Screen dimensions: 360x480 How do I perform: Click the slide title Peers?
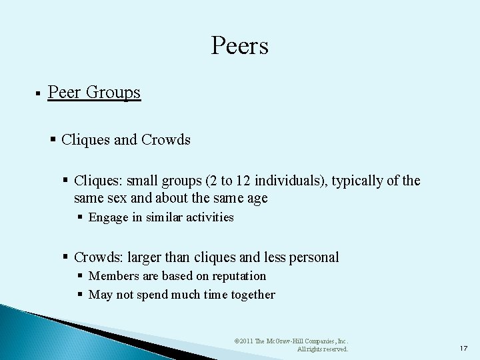click(x=239, y=46)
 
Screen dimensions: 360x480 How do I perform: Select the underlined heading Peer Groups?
click(x=94, y=92)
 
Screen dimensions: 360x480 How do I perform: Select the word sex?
click(x=107, y=198)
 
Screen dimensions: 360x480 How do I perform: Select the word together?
click(x=253, y=295)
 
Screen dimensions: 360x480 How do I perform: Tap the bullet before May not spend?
click(x=80, y=295)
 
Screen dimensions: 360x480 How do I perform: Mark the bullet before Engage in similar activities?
click(x=80, y=217)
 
